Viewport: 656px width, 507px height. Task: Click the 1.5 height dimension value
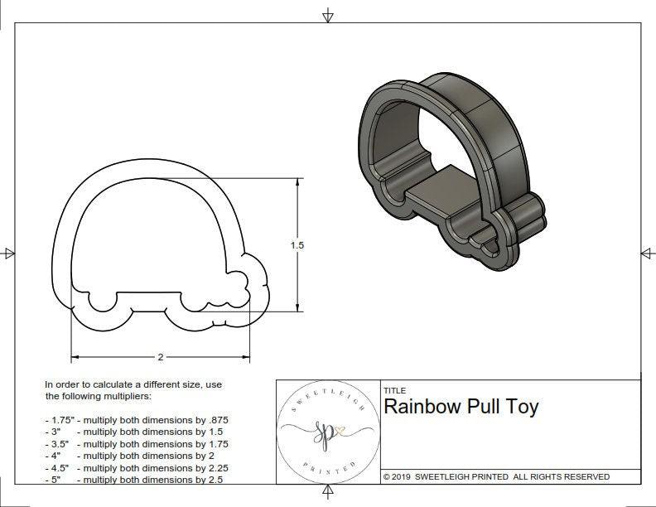(x=297, y=245)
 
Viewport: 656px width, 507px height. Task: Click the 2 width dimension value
(x=160, y=357)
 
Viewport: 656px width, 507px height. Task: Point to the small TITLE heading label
(x=394, y=390)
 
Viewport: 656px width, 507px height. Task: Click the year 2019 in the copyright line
(x=408, y=477)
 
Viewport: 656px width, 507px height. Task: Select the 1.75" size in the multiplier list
(x=60, y=420)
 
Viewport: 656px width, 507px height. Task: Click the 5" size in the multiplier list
(x=55, y=480)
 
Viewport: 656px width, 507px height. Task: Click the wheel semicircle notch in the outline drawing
(x=103, y=302)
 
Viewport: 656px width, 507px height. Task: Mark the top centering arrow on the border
(x=328, y=15)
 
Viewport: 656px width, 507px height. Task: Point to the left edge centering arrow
(x=9, y=253)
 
